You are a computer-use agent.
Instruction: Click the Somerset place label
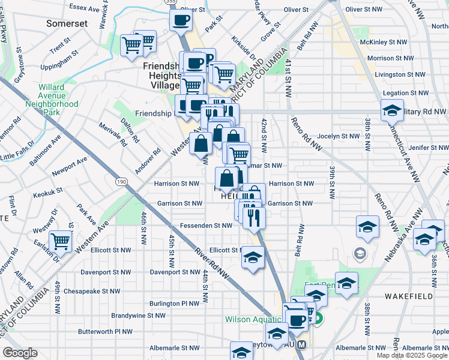(x=67, y=23)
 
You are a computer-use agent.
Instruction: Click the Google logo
(x=20, y=353)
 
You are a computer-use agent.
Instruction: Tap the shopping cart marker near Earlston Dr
(x=61, y=242)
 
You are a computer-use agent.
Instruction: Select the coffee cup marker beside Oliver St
(x=181, y=21)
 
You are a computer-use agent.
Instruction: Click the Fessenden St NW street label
(x=206, y=226)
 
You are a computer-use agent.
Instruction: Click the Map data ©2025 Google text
(x=412, y=355)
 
